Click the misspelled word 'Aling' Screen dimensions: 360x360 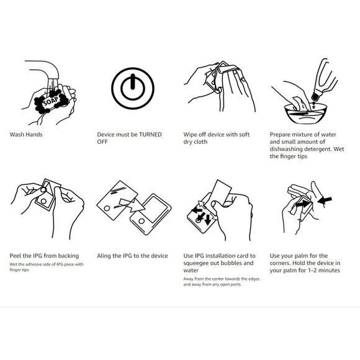(107, 255)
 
